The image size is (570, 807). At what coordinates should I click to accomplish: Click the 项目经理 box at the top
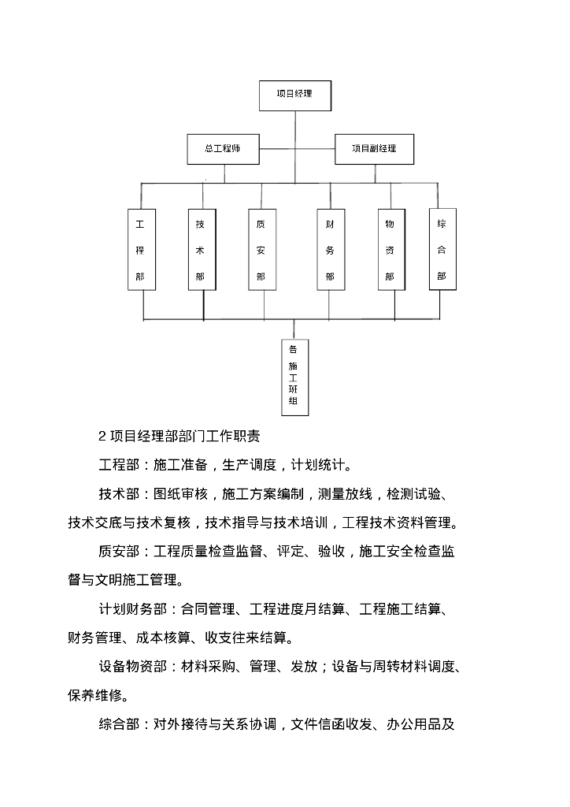click(x=295, y=95)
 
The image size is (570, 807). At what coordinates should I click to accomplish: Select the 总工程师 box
click(x=222, y=148)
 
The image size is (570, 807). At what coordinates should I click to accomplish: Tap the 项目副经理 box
click(x=374, y=148)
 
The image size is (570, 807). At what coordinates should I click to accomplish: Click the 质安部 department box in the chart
click(x=261, y=250)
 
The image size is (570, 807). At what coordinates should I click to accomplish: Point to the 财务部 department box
click(x=330, y=250)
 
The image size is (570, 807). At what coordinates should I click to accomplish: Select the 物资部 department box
click(x=390, y=250)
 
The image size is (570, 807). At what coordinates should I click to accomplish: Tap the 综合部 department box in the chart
click(x=442, y=249)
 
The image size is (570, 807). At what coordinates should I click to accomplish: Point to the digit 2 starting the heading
click(x=102, y=436)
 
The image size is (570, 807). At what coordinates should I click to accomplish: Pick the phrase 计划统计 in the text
click(x=318, y=464)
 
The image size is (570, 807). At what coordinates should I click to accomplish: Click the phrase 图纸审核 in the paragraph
click(x=181, y=494)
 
